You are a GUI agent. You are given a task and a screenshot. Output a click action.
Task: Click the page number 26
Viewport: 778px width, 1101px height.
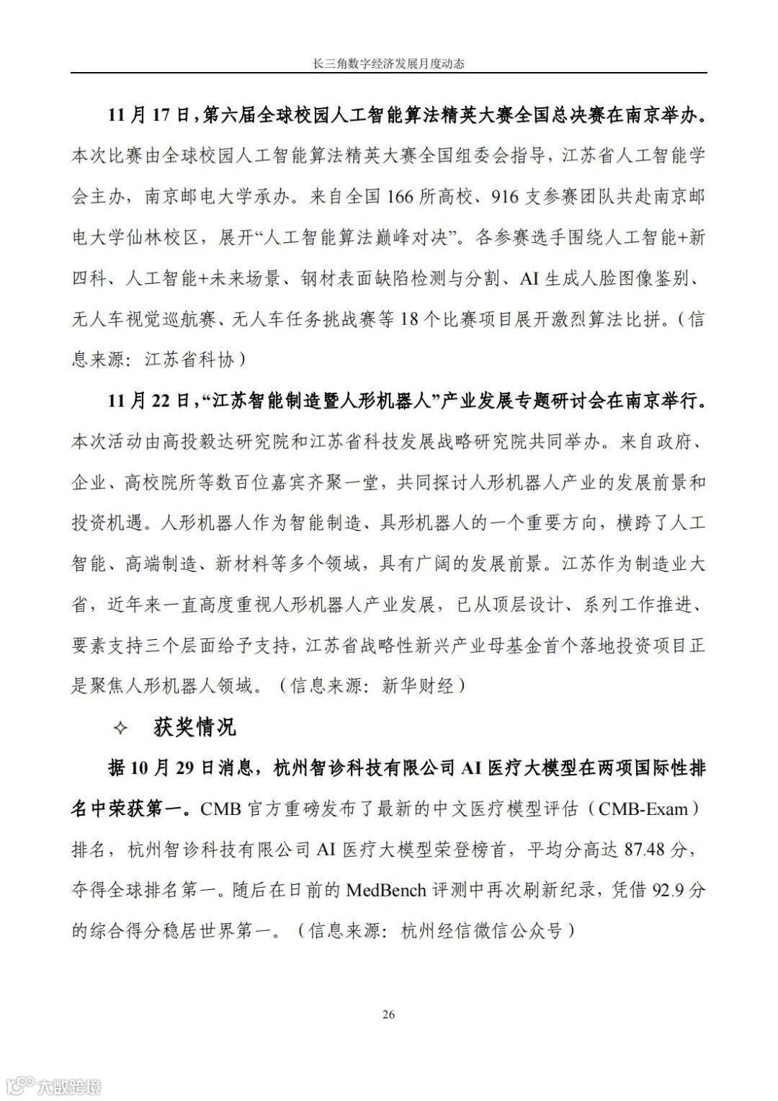[x=388, y=1015]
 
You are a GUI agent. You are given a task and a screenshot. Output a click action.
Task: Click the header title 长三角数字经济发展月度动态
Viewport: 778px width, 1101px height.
[x=388, y=63]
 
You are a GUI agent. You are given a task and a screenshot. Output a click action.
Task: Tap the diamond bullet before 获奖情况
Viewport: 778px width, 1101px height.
[x=120, y=728]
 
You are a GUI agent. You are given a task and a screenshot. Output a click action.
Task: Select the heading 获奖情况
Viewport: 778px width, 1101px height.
[x=194, y=727]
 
